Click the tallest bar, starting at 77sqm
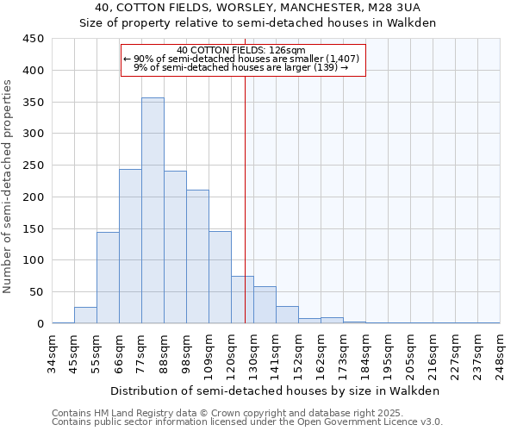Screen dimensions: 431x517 coord(153,210)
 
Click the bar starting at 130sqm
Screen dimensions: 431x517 coord(265,305)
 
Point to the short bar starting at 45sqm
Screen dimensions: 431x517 coord(85,315)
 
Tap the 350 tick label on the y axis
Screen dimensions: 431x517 coord(33,103)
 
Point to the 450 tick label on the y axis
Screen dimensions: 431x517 coord(33,39)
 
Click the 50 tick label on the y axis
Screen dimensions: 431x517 coord(36,292)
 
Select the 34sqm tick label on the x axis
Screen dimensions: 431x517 coord(53,353)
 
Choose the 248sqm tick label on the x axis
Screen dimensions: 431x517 coord(501,353)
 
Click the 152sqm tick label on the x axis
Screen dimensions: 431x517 coord(299,353)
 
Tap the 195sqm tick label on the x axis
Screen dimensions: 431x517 coord(389,353)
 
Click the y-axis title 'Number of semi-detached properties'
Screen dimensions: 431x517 coord(9,186)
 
